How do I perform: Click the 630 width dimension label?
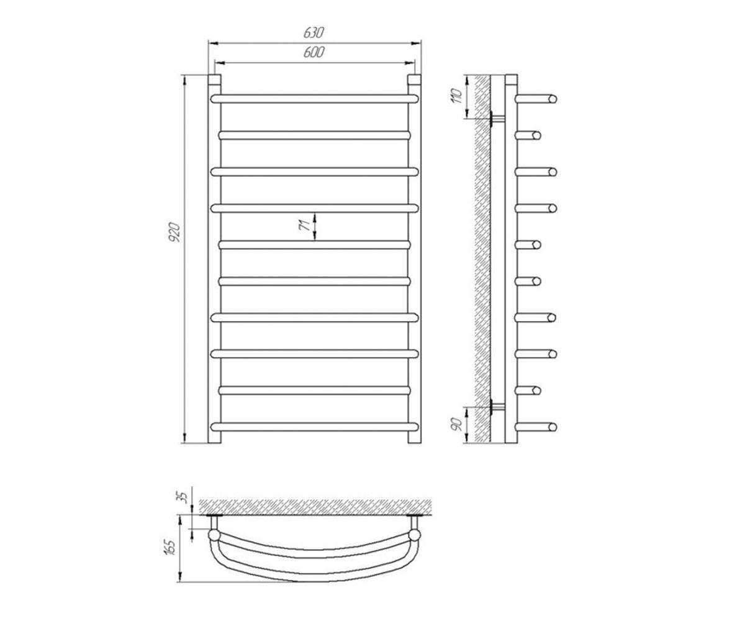tap(314, 33)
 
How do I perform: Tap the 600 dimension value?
tap(314, 52)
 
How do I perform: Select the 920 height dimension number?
tap(175, 232)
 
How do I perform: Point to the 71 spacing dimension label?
tap(305, 225)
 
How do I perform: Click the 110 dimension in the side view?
tap(457, 96)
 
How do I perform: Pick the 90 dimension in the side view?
tap(457, 424)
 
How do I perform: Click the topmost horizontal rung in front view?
tap(314, 99)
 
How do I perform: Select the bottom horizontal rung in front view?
tap(314, 427)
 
